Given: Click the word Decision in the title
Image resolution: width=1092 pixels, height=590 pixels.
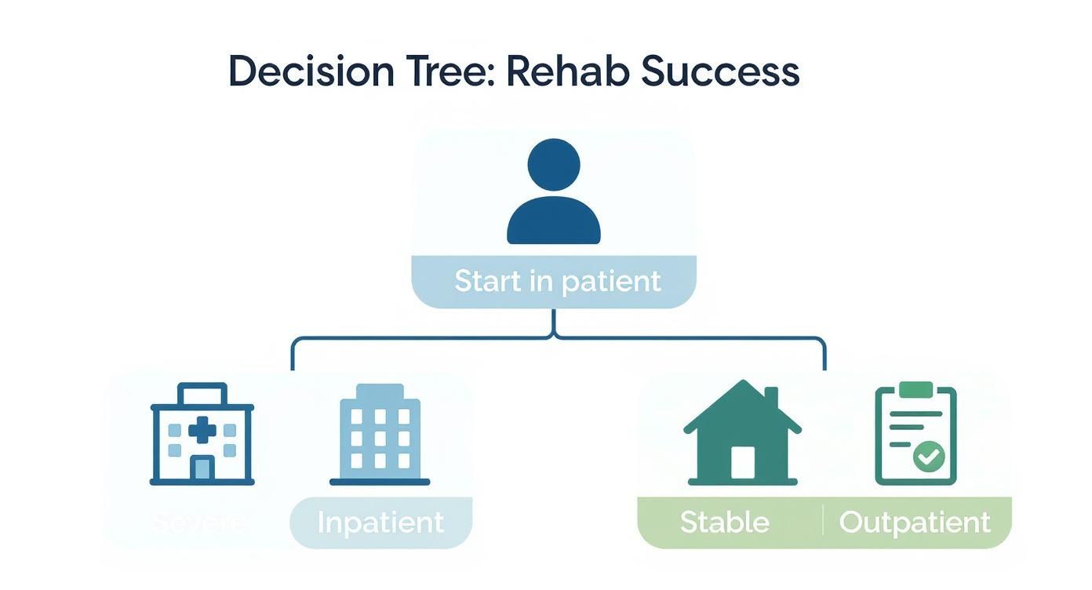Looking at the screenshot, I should pos(311,72).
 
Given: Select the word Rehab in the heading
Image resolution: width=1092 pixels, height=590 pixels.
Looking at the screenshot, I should pos(568,72).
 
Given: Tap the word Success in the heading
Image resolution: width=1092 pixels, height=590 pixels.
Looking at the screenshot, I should pos(720,72).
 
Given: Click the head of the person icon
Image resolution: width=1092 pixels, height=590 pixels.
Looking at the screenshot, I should pos(554,165).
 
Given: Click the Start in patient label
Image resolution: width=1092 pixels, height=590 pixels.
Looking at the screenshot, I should pos(557,281).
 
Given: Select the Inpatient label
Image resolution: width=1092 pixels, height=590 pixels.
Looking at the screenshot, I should pos(380,523).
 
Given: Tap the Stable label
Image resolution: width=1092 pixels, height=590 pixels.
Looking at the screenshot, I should pos(724,522).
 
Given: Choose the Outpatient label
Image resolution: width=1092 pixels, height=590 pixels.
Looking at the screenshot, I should pos(915,522).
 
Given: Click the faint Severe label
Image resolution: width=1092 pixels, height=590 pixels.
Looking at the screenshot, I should pos(198,522).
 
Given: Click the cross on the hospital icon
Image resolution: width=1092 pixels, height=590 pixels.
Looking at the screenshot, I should pos(202,429).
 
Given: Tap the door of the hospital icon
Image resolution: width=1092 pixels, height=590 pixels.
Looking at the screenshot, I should pos(202,468).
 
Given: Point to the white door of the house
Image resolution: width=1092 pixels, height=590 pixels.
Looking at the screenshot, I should pos(742,462).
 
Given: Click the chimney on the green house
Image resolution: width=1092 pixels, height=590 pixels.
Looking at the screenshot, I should pos(771,398).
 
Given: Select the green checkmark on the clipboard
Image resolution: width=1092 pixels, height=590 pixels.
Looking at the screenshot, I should pos(929,456).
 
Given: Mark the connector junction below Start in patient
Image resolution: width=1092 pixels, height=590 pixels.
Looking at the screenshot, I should pos(554,335).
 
